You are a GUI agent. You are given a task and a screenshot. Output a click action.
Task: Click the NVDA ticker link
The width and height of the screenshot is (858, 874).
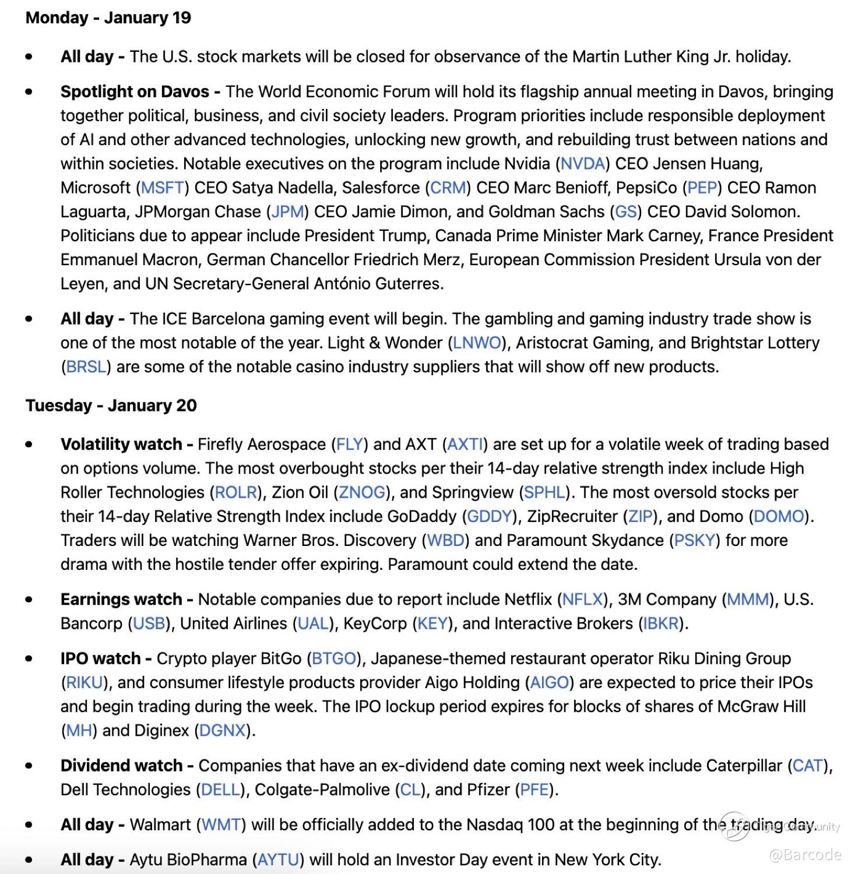[x=582, y=164]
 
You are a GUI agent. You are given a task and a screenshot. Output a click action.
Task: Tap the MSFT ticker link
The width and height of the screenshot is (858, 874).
[x=163, y=188]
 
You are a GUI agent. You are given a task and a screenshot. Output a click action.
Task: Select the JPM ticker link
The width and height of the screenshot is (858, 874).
[x=288, y=212]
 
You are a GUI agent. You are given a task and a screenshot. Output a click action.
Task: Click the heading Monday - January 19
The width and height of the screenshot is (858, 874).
[x=108, y=17]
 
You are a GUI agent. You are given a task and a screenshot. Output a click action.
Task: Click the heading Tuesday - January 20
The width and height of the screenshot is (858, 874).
[x=111, y=406]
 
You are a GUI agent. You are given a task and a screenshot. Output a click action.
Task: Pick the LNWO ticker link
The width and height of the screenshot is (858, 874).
[x=477, y=343]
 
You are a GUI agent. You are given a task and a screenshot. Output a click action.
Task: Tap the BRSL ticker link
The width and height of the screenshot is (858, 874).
[x=86, y=366]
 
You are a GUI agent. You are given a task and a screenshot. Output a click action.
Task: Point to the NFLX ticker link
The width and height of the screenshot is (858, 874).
[x=582, y=599]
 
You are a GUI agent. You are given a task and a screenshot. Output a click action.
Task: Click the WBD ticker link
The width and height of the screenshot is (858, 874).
[x=445, y=540]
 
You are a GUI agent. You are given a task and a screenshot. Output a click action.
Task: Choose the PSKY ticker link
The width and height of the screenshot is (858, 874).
[x=694, y=540]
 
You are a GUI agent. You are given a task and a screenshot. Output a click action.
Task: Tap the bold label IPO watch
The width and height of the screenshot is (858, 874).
[x=100, y=658]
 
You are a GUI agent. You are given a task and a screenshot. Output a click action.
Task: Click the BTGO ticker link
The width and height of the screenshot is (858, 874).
[x=334, y=658]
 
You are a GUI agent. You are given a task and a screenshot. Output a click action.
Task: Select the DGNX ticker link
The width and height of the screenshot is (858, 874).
[x=222, y=730]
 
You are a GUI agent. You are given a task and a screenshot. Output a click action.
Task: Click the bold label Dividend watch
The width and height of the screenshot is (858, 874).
[x=121, y=766]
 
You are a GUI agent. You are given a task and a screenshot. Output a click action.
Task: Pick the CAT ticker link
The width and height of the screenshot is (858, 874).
[x=807, y=766]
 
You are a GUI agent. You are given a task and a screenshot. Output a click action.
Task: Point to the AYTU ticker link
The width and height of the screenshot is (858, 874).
[x=278, y=859]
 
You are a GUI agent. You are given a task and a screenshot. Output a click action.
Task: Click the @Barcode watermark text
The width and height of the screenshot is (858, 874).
[x=805, y=855]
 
